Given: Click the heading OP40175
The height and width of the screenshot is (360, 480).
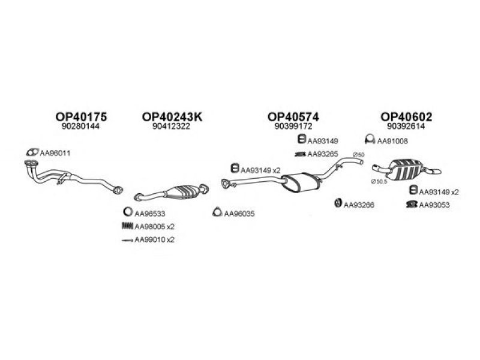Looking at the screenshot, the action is coord(81,116).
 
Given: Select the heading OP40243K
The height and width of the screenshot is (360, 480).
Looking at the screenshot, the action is coord(172,116).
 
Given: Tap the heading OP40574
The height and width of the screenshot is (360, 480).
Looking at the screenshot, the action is coord(293,116).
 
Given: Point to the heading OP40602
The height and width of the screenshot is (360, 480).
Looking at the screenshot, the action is coord(406,116).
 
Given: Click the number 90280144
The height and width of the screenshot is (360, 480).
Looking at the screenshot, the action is coord(80,126).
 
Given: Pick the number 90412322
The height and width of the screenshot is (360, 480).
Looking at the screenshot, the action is coord(171,126).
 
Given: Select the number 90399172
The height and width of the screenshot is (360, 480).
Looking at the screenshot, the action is coord(293,126).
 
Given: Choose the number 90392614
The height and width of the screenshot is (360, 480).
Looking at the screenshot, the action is coord(406,126).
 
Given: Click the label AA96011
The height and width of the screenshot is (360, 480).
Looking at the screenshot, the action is coord(55,153).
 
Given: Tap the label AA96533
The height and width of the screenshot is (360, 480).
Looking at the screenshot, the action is coord(150,214).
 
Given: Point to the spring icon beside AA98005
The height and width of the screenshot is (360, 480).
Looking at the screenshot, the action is coord(127,226).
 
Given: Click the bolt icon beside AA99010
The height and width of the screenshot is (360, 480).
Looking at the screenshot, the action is coord(127,241).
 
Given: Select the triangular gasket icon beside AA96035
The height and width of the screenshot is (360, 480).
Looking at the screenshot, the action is coord(217,212).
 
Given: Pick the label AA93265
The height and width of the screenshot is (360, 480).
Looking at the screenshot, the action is coord(323,154).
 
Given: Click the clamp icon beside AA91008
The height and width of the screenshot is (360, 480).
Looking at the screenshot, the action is coord(370,139).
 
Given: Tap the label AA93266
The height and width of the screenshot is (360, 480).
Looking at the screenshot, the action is coord(359,205).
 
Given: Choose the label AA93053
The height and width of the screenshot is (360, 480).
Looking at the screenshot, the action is coord(434,205).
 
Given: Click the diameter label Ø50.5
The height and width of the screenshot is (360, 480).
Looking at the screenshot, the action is coord(379,182).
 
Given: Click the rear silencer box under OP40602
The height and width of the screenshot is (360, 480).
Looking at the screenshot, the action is coord(404,169).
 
